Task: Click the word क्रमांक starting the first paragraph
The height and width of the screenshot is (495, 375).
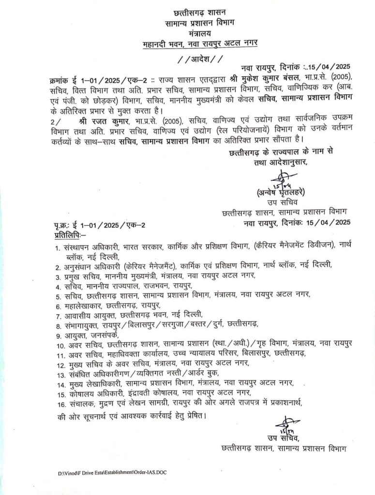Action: click(63, 79)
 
